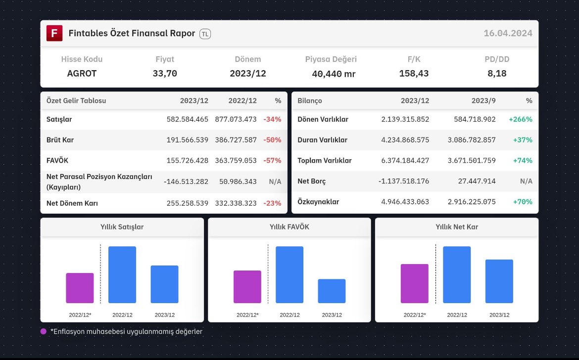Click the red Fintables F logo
click(x=54, y=33)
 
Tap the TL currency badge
click(x=205, y=34)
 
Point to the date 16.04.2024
click(x=508, y=33)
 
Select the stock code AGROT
click(x=82, y=73)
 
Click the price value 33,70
click(x=165, y=73)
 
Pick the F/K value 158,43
click(x=414, y=73)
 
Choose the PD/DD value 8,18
click(x=497, y=73)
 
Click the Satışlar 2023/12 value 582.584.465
click(x=187, y=120)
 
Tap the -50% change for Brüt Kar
click(x=272, y=140)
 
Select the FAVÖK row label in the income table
click(x=57, y=160)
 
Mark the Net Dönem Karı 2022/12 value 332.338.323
click(x=236, y=203)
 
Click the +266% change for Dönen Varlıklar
click(x=520, y=120)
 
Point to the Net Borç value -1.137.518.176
click(x=404, y=181)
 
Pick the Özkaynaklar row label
click(x=318, y=202)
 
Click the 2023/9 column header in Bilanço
click(x=483, y=101)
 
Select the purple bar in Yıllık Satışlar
click(x=80, y=288)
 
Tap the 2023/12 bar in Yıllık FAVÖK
click(x=332, y=291)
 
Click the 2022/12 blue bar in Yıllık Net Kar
click(x=457, y=275)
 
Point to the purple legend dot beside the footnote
click(x=44, y=331)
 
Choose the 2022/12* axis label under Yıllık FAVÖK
click(x=247, y=315)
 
